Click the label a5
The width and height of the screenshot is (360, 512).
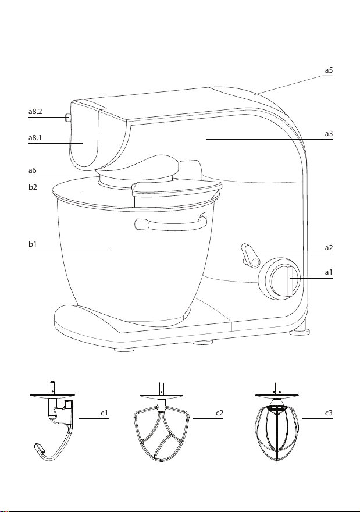click(329, 70)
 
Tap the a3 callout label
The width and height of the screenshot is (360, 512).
click(329, 134)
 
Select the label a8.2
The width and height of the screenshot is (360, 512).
click(35, 111)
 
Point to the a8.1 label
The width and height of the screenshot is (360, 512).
click(35, 138)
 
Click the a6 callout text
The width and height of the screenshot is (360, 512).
click(33, 170)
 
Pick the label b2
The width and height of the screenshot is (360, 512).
click(33, 187)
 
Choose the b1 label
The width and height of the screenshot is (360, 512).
click(33, 244)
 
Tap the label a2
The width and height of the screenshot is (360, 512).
click(329, 248)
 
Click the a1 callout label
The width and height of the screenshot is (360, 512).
click(329, 272)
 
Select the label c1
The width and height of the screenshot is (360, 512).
click(104, 413)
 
